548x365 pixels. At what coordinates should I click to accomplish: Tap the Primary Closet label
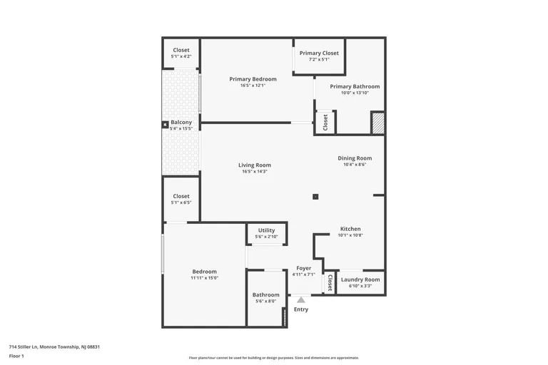(x=319, y=53)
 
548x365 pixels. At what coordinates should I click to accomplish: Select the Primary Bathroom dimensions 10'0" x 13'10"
(x=355, y=93)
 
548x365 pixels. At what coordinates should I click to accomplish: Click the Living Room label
(x=255, y=165)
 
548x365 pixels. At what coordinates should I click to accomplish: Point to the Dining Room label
(x=355, y=158)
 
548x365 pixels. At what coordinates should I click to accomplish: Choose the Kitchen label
(x=350, y=229)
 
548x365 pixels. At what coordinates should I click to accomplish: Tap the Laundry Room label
(x=360, y=279)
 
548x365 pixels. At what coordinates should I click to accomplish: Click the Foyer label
(x=304, y=268)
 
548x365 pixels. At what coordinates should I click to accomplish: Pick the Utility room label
(x=266, y=230)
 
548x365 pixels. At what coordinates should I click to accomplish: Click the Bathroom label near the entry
(x=266, y=294)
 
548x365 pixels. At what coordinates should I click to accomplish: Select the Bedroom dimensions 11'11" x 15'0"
(x=204, y=278)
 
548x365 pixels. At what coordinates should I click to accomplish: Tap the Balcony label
(x=181, y=122)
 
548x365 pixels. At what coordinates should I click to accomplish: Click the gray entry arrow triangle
(x=301, y=300)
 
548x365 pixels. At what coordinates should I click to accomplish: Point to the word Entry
(x=301, y=309)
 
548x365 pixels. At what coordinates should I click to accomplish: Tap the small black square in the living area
(x=315, y=197)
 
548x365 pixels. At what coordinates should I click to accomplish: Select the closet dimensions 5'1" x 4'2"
(x=181, y=56)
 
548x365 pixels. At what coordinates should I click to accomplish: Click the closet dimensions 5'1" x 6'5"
(x=181, y=202)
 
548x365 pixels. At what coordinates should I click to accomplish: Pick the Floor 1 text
(x=16, y=356)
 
